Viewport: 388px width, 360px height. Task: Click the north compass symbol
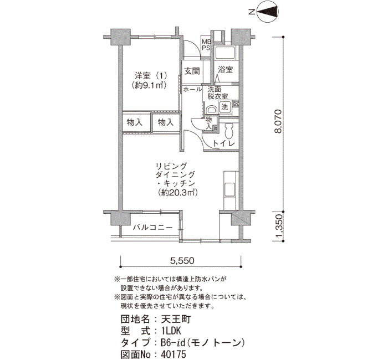tap(268, 12)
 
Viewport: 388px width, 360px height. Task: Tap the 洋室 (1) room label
tap(151, 75)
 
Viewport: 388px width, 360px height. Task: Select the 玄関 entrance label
tap(192, 71)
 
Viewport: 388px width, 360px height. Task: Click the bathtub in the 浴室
tap(225, 52)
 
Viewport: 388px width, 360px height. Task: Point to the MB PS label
tap(206, 44)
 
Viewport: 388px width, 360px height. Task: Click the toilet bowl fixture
tap(229, 131)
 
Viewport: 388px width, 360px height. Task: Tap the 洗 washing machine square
tap(224, 107)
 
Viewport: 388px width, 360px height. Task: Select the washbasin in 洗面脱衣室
tap(211, 110)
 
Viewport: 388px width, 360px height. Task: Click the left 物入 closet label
tap(135, 122)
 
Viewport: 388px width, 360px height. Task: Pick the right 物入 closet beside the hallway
tap(166, 122)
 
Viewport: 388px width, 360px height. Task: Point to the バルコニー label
tap(152, 227)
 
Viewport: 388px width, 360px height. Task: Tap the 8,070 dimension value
tap(278, 121)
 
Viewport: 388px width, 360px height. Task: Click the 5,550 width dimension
tap(182, 260)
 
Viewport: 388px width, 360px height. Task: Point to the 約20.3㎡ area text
tap(178, 192)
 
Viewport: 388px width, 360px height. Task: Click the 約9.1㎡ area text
tap(149, 85)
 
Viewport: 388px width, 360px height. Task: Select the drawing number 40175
tap(173, 354)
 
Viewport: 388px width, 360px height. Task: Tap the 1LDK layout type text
tap(171, 331)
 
